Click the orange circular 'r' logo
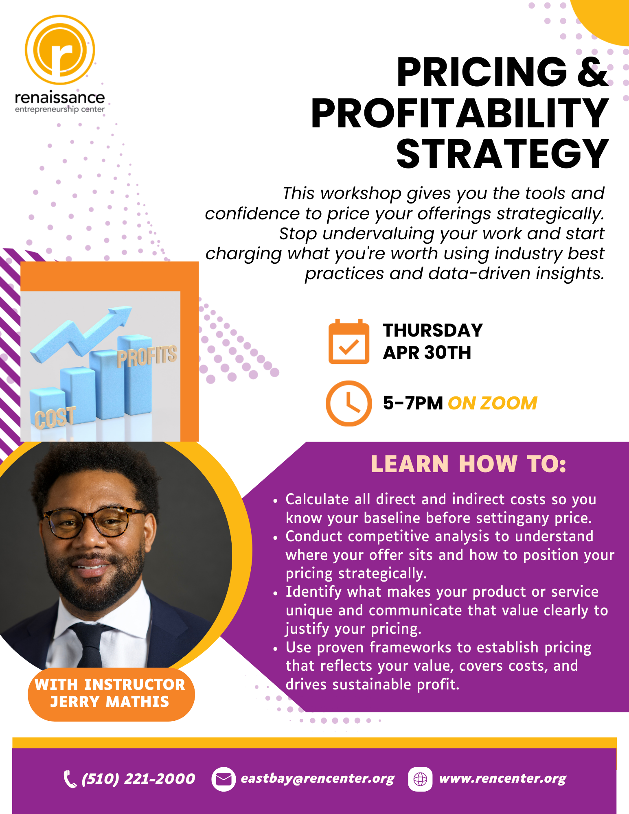[x=60, y=50]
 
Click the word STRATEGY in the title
[x=502, y=154]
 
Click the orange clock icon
[x=348, y=403]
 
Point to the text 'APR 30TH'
[x=427, y=352]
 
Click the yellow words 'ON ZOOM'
[x=493, y=403]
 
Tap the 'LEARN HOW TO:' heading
[x=468, y=464]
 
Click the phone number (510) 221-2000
[x=138, y=779]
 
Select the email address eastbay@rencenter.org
[x=318, y=779]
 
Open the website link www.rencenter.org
[x=503, y=779]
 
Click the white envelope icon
[x=223, y=779]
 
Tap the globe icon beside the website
[x=420, y=779]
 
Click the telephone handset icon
[x=70, y=779]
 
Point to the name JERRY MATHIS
[x=110, y=702]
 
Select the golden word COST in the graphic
[x=55, y=418]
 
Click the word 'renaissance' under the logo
[x=60, y=98]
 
